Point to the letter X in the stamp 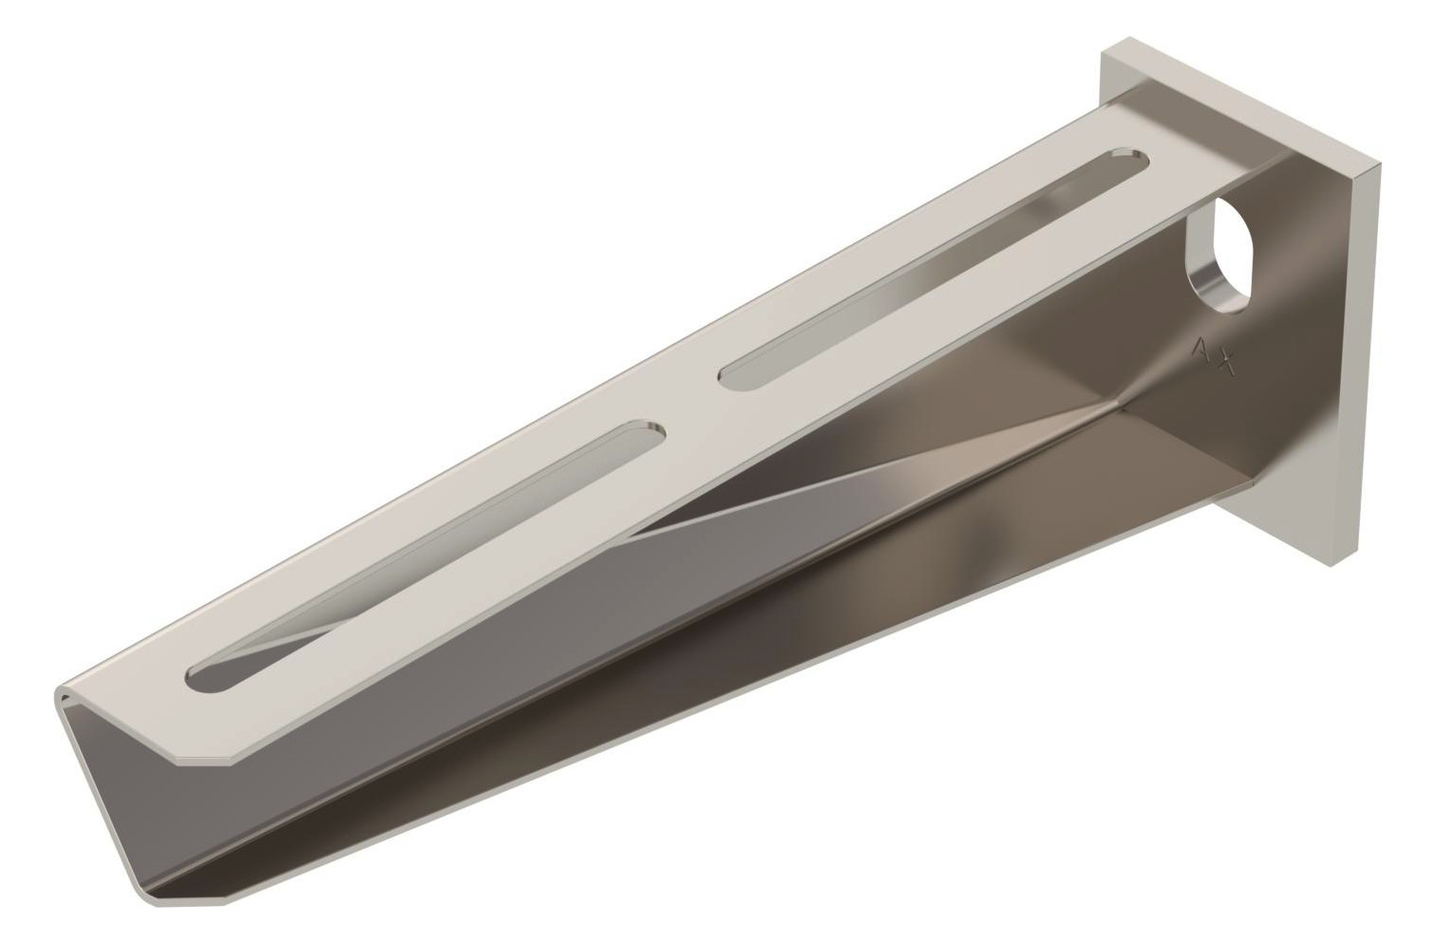tap(1225, 362)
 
